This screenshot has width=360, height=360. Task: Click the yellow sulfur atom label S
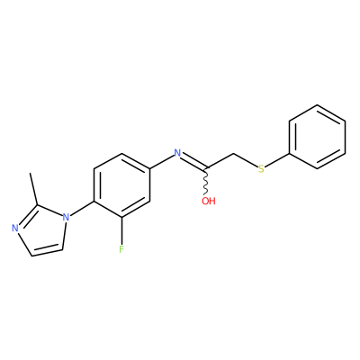pos(261,169)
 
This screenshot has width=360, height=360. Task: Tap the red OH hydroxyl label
pos(209,201)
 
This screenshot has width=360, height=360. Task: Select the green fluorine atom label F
pos(121,249)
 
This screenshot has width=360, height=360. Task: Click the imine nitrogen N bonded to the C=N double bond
pos(177,153)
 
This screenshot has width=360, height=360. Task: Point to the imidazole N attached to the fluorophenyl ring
pos(66,217)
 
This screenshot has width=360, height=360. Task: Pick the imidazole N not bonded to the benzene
pos(15,229)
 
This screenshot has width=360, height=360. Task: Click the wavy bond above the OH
pos(206,182)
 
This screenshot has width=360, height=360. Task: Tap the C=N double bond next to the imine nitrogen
pos(194,161)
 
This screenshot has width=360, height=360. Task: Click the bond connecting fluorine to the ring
pos(121,230)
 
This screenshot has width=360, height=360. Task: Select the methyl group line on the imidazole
pos(33,189)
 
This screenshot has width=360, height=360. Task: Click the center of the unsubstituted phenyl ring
pos(317,137)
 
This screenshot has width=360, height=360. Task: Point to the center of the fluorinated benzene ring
pos(121,185)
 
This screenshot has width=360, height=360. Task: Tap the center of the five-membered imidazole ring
pos(40,230)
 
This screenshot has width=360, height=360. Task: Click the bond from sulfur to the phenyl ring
pos(277,160)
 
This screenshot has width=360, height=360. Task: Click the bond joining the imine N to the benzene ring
pos(161,162)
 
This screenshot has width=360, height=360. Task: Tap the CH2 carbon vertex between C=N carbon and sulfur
pos(234,154)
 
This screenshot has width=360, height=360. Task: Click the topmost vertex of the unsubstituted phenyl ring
pos(317,104)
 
